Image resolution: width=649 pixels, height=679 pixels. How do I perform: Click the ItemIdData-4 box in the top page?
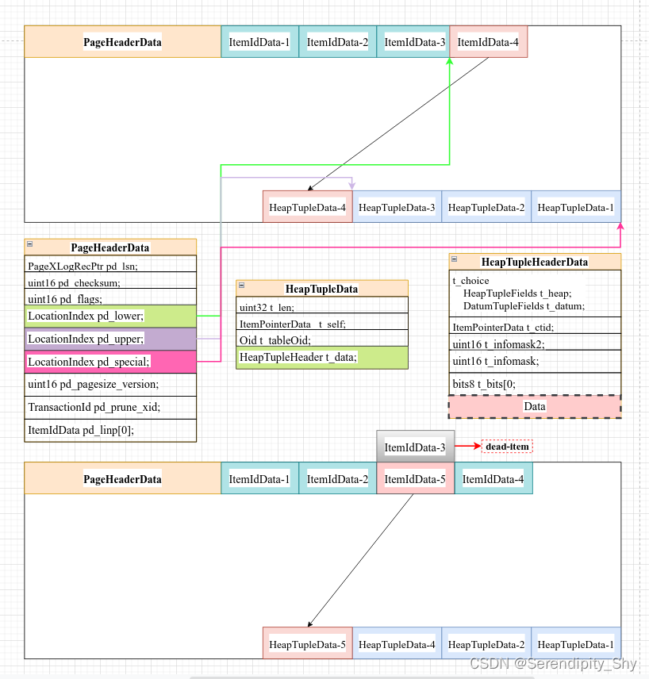tap(488, 42)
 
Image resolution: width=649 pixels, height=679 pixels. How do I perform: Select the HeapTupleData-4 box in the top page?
tap(308, 207)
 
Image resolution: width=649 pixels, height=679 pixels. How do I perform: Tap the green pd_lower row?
tap(110, 316)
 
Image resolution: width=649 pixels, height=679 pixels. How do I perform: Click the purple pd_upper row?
tap(110, 339)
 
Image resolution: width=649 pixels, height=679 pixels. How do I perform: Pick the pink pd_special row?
tap(110, 362)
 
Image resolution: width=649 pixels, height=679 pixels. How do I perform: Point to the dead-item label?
tap(507, 447)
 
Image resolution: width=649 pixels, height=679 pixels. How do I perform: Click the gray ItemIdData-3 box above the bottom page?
tap(415, 447)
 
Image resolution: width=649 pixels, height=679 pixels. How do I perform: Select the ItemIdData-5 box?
tap(415, 478)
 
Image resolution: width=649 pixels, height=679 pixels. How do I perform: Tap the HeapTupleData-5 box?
tap(308, 643)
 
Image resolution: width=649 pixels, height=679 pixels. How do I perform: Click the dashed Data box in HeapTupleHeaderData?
tap(535, 406)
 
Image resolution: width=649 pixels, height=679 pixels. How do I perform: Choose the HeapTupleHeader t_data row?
tap(322, 358)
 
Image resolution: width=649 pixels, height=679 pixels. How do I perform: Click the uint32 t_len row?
tap(322, 307)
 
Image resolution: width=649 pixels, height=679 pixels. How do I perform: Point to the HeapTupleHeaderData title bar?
tap(535, 262)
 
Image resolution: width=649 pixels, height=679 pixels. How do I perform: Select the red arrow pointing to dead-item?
tap(467, 447)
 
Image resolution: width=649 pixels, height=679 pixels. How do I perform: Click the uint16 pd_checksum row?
tap(110, 282)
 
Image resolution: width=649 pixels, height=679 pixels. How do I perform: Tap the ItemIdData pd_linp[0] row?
tap(110, 430)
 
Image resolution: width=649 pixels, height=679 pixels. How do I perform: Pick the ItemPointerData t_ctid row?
tap(535, 327)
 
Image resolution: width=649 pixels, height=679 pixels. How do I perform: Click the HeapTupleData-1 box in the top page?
tap(576, 207)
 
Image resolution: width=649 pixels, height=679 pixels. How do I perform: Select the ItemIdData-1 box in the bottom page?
tap(259, 478)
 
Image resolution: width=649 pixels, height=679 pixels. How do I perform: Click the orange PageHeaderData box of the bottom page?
tap(122, 478)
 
